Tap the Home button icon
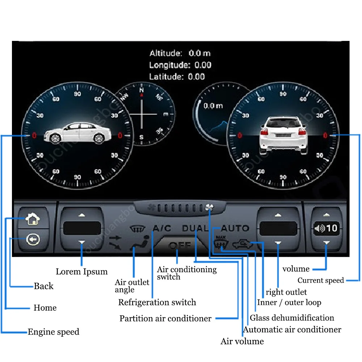[33, 218]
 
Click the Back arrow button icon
[33, 239]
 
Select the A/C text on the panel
[162, 228]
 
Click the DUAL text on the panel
[195, 228]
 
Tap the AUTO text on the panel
[235, 228]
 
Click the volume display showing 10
[327, 228]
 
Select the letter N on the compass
[142, 90]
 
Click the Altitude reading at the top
[180, 54]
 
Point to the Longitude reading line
[180, 65]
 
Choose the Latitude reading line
[177, 77]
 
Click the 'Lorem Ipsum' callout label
[81, 271]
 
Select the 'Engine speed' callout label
[53, 332]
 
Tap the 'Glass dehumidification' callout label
[292, 318]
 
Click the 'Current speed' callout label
[320, 281]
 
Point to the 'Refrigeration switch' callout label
[157, 302]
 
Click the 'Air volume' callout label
[242, 341]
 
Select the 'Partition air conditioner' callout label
[165, 319]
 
